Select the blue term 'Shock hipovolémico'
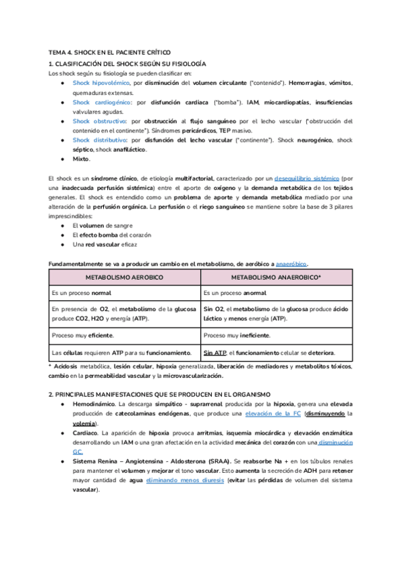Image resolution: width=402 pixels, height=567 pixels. (101, 82)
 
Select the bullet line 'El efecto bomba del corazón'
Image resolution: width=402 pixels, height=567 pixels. (111, 235)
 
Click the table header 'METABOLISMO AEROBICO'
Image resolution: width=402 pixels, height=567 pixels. (125, 277)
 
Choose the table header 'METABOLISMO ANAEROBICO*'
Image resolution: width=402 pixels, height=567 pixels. (276, 277)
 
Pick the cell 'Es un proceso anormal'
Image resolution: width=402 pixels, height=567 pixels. (234, 293)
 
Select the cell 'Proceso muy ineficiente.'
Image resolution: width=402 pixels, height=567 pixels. (237, 335)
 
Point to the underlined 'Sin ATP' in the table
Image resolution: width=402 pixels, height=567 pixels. (214, 352)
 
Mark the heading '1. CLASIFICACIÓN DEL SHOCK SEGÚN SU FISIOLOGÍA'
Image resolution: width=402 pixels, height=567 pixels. (127, 63)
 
